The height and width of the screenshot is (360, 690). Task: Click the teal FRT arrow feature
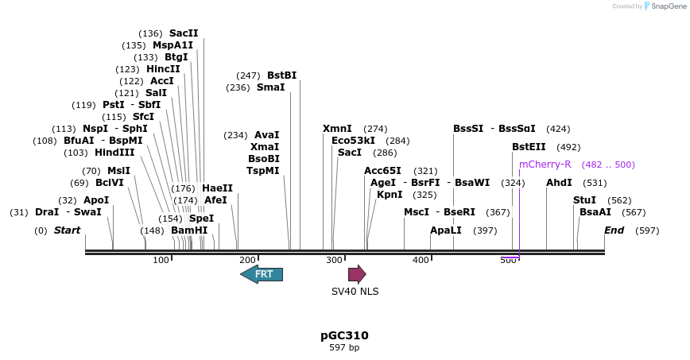coord(262,274)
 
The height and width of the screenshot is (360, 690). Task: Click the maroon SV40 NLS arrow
coord(357,274)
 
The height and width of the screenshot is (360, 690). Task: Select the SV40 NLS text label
coord(355,291)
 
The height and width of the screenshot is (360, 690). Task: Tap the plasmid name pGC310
coord(344,335)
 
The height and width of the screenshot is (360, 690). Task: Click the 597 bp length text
coord(344,348)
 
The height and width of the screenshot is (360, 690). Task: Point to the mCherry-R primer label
coord(545,165)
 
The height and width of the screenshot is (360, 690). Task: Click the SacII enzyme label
coord(184,33)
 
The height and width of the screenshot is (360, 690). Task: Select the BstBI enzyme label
coord(281,75)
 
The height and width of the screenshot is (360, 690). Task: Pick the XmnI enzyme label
coord(337,129)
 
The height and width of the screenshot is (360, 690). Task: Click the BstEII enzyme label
coord(529,147)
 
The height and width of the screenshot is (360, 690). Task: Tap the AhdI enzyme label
coord(559,183)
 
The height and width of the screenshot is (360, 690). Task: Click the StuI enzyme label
coord(584,200)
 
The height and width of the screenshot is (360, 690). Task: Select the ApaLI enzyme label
coord(445,230)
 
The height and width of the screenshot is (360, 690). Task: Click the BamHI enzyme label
coord(189,230)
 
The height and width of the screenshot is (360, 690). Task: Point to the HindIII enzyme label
coord(114,153)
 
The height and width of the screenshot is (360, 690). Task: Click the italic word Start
coord(67,230)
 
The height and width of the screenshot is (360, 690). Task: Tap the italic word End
coord(614,230)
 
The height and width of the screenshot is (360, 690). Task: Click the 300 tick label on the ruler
coord(333,260)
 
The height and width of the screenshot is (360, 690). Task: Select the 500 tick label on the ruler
coord(508,260)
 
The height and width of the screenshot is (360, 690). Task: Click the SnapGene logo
coord(665,6)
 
